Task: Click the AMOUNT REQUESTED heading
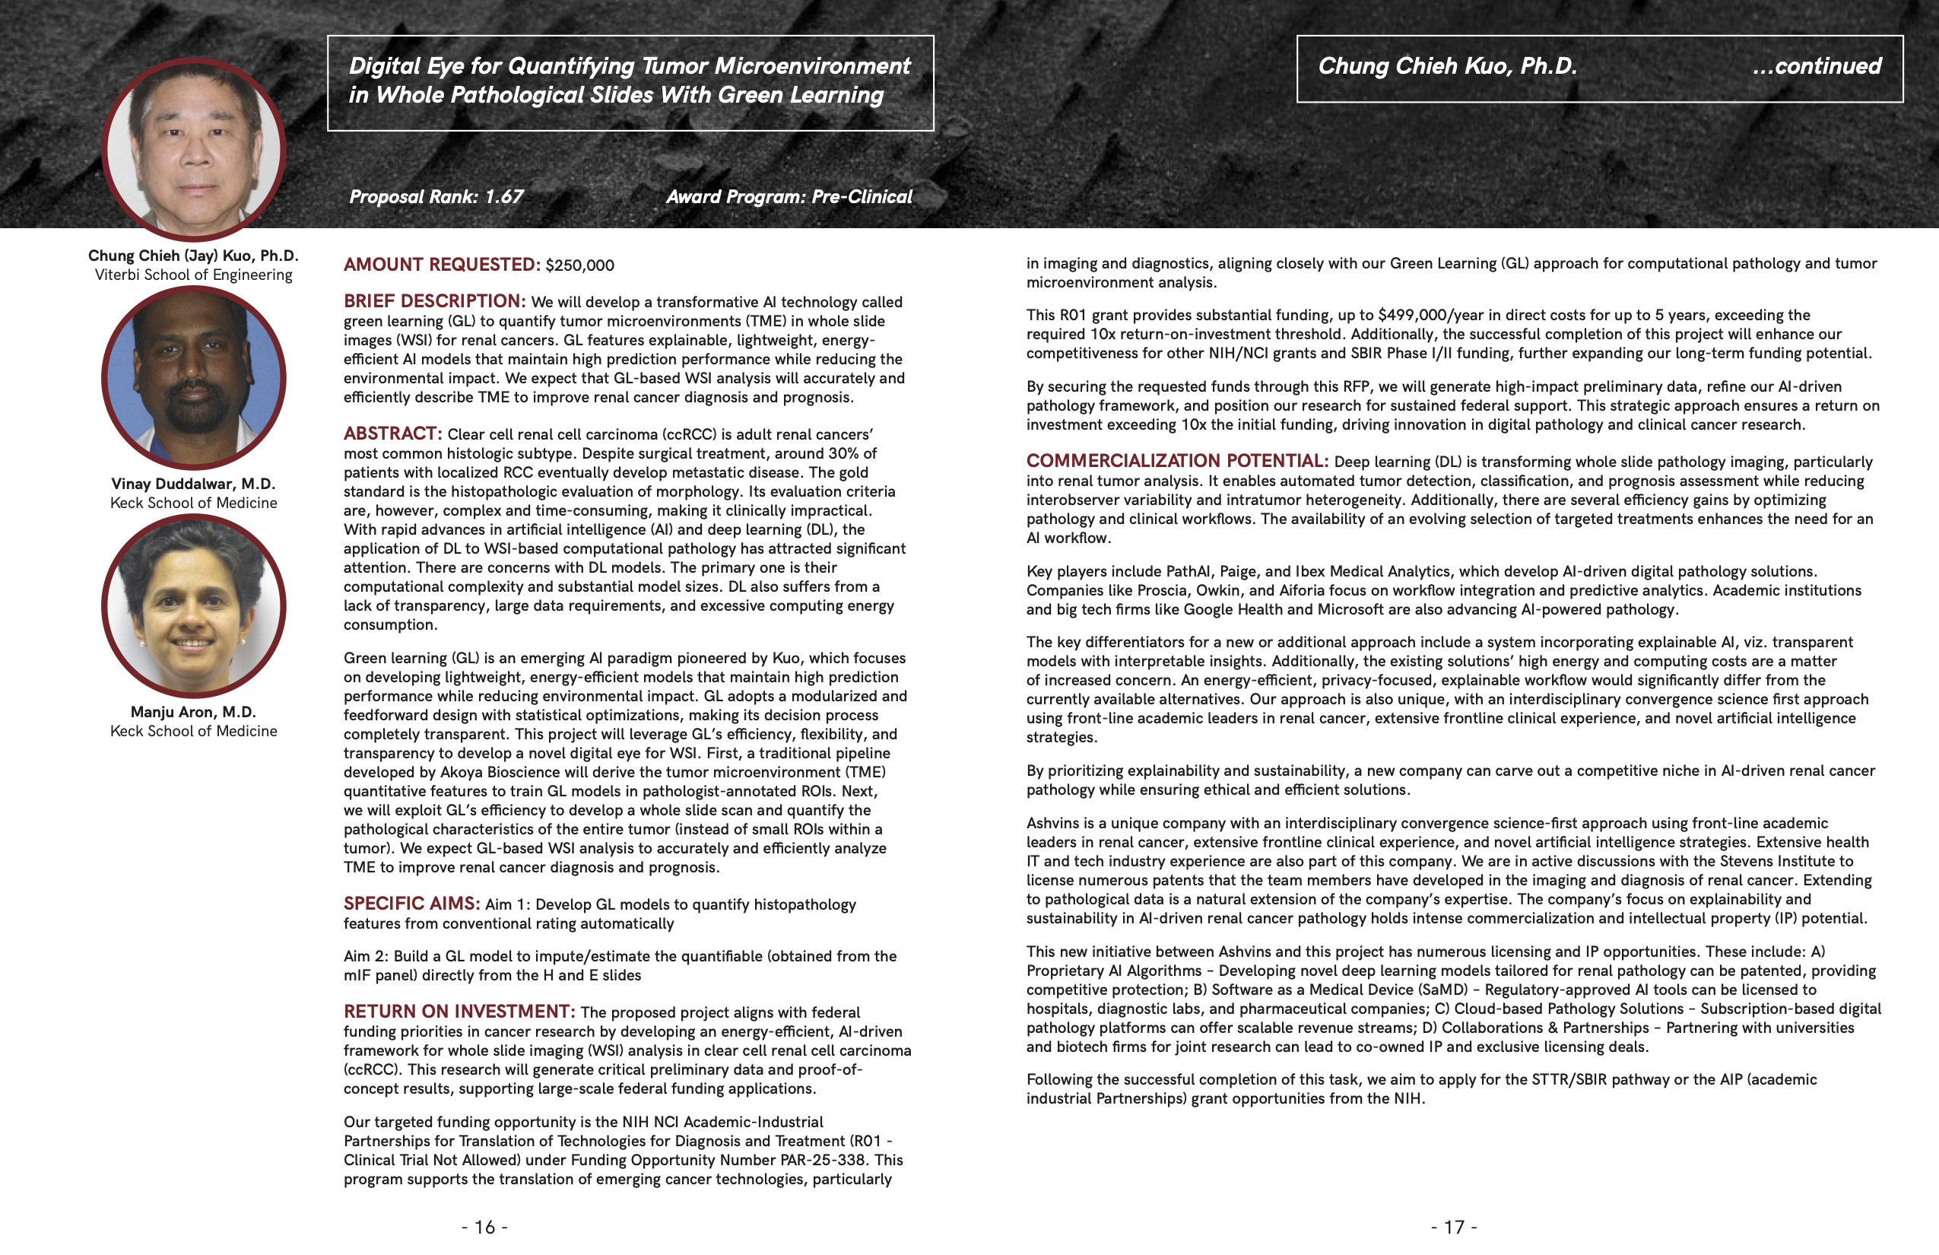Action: point(442,265)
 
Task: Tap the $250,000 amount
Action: point(580,265)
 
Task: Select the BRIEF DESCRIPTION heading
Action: point(434,301)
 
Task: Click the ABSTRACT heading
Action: point(392,434)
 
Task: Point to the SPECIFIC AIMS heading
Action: point(411,904)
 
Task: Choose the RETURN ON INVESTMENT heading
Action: point(459,1012)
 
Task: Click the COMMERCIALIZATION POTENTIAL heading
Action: point(1176,461)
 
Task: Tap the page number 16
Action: point(485,1226)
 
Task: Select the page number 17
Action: point(1454,1226)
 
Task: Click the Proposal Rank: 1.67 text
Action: point(436,196)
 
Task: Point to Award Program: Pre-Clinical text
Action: point(789,196)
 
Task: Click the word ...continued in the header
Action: point(1817,66)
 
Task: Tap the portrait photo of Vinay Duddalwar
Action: point(194,377)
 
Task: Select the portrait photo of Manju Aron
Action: point(194,605)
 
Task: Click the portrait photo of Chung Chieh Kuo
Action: point(194,149)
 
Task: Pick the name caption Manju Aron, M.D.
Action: point(193,711)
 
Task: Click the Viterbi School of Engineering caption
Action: point(193,275)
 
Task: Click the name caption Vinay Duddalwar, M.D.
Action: point(193,483)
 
